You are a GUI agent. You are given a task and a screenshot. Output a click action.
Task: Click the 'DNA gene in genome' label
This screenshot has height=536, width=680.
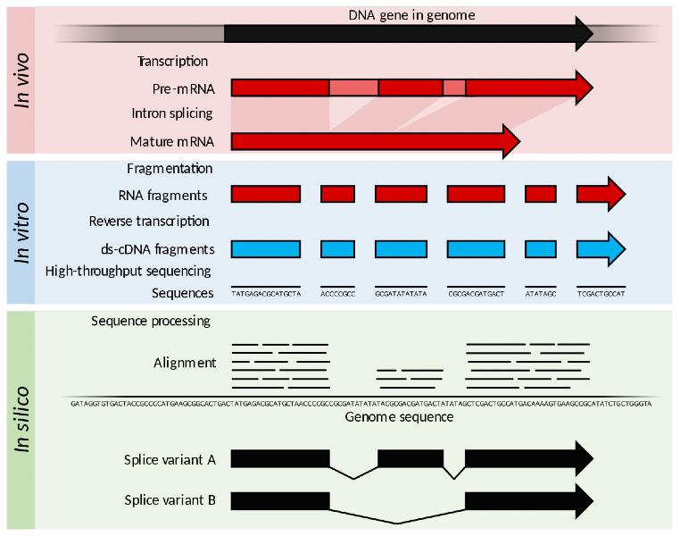(x=410, y=15)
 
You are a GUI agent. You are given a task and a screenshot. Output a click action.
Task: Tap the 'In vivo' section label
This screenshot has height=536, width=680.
(x=23, y=80)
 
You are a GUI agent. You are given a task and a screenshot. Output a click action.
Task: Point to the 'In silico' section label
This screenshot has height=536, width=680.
(x=23, y=420)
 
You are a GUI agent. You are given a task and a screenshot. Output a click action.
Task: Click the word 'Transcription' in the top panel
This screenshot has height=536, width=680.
(x=172, y=62)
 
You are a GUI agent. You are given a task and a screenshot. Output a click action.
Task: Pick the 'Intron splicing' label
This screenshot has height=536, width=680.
(x=171, y=113)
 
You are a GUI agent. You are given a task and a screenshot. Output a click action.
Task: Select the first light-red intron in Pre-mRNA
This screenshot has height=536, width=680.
(x=353, y=88)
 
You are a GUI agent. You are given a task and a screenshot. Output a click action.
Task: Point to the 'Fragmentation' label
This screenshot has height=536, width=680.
(x=170, y=168)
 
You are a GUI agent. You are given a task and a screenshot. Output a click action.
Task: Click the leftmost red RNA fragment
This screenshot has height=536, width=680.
(x=266, y=194)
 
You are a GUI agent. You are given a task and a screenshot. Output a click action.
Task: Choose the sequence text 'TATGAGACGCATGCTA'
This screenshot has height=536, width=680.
(x=265, y=293)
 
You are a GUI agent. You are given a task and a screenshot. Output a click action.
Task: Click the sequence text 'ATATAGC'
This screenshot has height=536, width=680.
(x=542, y=293)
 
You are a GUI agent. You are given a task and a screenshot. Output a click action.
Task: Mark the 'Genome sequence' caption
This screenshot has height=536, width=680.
(x=398, y=417)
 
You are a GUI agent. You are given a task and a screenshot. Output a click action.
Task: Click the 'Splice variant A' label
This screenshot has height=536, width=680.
(x=170, y=460)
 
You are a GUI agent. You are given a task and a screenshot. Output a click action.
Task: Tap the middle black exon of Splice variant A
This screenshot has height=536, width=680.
(x=410, y=458)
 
